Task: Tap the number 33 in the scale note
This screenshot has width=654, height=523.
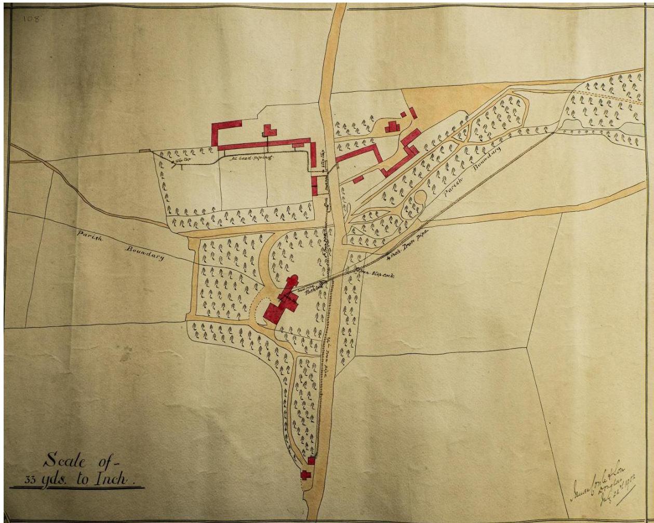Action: pyautogui.click(x=31, y=479)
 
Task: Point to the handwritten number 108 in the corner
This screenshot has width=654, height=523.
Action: pyautogui.click(x=32, y=19)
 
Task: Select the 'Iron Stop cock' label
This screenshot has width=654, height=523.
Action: pyautogui.click(x=375, y=273)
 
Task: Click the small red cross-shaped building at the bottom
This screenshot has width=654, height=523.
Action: pyautogui.click(x=305, y=474)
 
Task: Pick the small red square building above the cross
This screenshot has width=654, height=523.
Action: pyautogui.click(x=311, y=461)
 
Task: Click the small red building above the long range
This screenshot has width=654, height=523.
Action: pyautogui.click(x=269, y=130)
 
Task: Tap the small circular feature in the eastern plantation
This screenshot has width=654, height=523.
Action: pyautogui.click(x=420, y=198)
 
